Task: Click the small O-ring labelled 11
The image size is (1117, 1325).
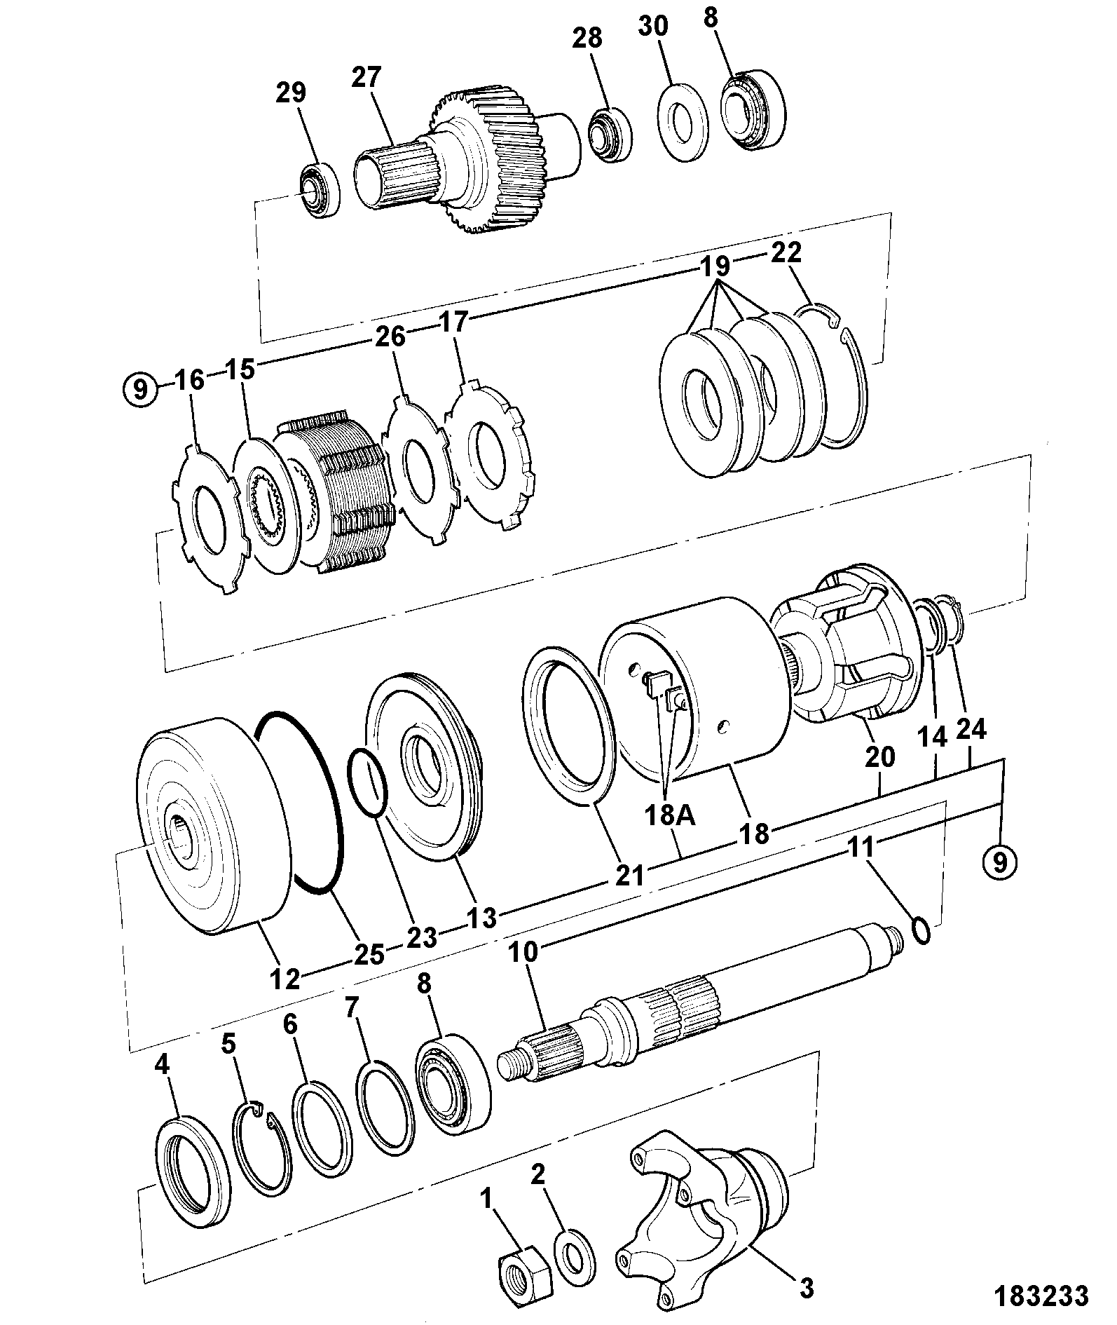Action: (921, 930)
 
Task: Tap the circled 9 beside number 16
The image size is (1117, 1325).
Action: (141, 388)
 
